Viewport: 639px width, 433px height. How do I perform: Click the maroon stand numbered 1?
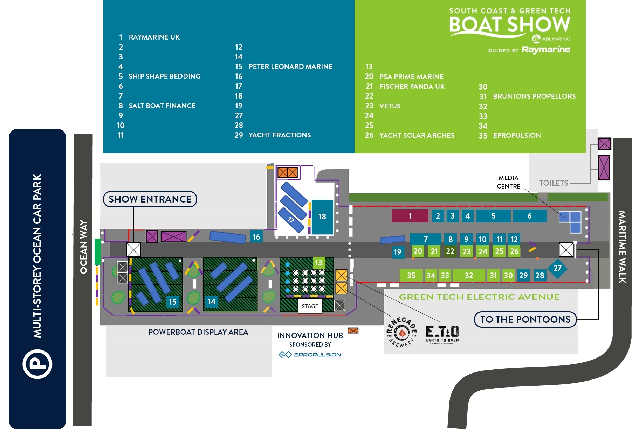pos(410,216)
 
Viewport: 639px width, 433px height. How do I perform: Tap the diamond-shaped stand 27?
pos(557,268)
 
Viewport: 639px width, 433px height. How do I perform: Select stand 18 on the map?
pos(322,217)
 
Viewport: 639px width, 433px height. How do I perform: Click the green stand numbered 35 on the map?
pos(411,275)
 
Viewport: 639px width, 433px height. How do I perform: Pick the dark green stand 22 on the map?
pos(450,251)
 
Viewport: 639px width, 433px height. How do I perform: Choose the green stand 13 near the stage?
pos(318,263)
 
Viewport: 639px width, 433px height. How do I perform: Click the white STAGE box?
pos(310,306)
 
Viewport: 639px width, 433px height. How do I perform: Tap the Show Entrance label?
pos(150,199)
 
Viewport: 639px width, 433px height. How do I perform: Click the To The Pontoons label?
pos(525,319)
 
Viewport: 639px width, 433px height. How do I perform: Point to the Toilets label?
pos(554,183)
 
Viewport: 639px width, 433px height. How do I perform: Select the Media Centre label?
pos(508,182)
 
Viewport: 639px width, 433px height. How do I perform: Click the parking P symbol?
pos(37,364)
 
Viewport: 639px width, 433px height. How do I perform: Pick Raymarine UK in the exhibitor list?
pos(154,37)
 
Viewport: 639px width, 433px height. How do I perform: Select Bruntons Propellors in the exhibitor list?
pos(534,96)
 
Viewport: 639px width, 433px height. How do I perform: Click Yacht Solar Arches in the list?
pos(417,135)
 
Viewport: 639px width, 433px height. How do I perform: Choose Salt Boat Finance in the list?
pos(162,106)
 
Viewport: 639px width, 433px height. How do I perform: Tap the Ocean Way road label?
pos(83,247)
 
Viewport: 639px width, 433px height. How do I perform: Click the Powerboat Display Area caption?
pos(198,332)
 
